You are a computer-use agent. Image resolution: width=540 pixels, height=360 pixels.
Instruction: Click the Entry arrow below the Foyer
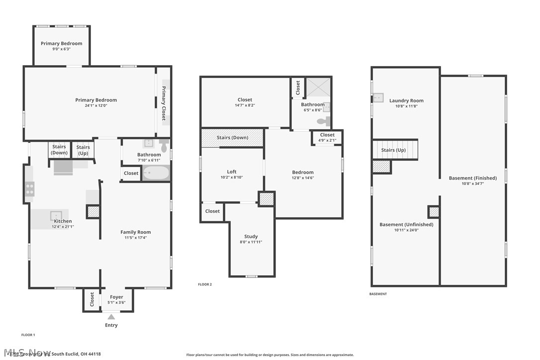pos(111,317)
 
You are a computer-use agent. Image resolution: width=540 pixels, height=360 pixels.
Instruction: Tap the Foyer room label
pos(116,297)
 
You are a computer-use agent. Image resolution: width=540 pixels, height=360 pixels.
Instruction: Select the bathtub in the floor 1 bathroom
pos(156,174)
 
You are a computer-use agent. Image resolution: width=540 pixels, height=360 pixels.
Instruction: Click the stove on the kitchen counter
pos(30,189)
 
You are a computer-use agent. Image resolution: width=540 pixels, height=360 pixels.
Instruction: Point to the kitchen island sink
pos(55,215)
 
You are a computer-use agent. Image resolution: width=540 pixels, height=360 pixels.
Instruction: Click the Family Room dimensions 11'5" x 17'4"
pos(135,238)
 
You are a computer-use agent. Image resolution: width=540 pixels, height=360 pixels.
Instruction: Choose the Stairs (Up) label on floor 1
pos(83,150)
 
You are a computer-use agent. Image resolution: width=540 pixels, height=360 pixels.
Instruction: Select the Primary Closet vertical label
pos(163,103)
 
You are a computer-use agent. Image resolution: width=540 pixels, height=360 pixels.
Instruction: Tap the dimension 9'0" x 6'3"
pos(61,49)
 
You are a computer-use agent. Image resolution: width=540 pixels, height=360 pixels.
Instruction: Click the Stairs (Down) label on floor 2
pos(232,138)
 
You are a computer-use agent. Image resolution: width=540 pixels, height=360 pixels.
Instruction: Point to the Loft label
pos(232,172)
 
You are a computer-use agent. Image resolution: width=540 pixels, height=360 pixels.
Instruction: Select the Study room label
pos(251,237)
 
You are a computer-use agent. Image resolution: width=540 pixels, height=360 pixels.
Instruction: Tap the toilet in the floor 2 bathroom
pos(323,120)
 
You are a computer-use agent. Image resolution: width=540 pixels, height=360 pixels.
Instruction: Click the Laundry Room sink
pos(378,97)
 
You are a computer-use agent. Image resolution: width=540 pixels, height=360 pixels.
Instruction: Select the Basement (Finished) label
pos(472,178)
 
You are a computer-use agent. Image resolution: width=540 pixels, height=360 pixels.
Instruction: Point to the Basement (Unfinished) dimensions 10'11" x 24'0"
pos(406,230)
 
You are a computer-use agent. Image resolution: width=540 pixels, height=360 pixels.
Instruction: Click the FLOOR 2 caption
pos(205,284)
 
